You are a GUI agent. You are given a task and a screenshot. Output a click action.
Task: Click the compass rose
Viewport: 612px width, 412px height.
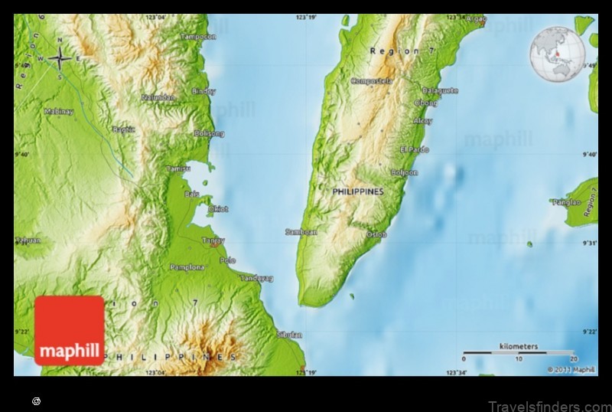point(60,57)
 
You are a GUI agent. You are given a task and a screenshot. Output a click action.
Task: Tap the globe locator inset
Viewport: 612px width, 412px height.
point(557,55)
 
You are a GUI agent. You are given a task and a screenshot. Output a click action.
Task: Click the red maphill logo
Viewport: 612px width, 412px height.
point(69,330)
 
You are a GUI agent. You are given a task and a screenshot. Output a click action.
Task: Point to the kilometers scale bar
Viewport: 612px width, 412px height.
point(519,353)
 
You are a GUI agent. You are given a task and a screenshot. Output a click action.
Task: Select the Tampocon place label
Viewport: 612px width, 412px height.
point(198,36)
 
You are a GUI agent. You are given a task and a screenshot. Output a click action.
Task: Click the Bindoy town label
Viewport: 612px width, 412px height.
point(203,91)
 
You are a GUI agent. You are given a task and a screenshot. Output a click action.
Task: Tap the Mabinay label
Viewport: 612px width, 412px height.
point(58,111)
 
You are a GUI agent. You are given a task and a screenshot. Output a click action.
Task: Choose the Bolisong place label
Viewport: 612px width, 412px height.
point(209,133)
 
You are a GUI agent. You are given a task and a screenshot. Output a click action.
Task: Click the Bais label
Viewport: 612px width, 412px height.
point(191,194)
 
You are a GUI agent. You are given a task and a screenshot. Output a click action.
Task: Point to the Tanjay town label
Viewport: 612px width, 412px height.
point(213,240)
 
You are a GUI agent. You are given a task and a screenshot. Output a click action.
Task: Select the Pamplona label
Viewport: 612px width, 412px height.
point(187,266)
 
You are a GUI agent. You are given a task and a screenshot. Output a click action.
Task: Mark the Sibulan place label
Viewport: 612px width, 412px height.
point(289,335)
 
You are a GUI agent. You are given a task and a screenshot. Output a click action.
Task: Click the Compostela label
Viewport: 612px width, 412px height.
point(371,80)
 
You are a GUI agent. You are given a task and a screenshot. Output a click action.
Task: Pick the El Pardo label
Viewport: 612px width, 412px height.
point(415,149)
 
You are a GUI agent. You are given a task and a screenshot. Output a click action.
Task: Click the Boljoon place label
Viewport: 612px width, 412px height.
point(404,172)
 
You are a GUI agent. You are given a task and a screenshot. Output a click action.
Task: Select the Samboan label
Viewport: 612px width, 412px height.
point(301,231)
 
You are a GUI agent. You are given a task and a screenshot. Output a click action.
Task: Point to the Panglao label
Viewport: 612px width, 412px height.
point(566,202)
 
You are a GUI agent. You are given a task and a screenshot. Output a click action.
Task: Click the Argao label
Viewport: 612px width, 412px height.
point(477,18)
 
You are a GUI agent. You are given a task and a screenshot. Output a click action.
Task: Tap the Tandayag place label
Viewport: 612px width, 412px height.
point(256,278)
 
